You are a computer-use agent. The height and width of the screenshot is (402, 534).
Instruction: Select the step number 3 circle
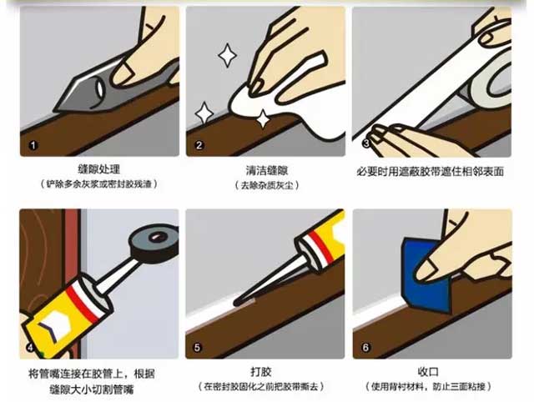click(365, 144)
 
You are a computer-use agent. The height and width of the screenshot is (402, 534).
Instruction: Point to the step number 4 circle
click(31, 347)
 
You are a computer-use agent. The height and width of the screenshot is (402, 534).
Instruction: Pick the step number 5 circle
click(198, 347)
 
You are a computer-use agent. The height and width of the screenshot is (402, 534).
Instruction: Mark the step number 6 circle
click(365, 347)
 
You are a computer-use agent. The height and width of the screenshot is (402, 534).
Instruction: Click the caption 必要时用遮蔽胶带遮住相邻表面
click(432, 170)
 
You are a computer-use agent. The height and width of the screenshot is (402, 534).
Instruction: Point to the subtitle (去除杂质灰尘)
click(264, 185)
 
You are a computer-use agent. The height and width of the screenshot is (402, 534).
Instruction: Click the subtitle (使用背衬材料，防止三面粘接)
click(432, 387)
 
